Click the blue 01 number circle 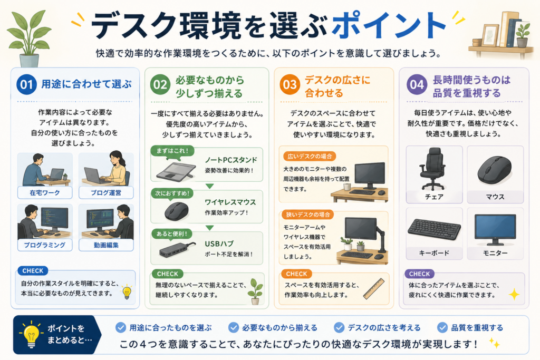[26, 84]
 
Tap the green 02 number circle [160, 84]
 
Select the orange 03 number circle [290, 84]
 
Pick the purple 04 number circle [417, 84]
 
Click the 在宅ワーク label [45, 193]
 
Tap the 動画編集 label [106, 245]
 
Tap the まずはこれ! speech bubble [172, 152]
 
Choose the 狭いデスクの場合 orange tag [308, 215]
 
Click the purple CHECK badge [419, 274]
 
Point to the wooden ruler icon [374, 288]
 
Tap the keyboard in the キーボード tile [434, 229]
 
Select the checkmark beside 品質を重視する [442, 327]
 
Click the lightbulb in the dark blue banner [31, 334]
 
